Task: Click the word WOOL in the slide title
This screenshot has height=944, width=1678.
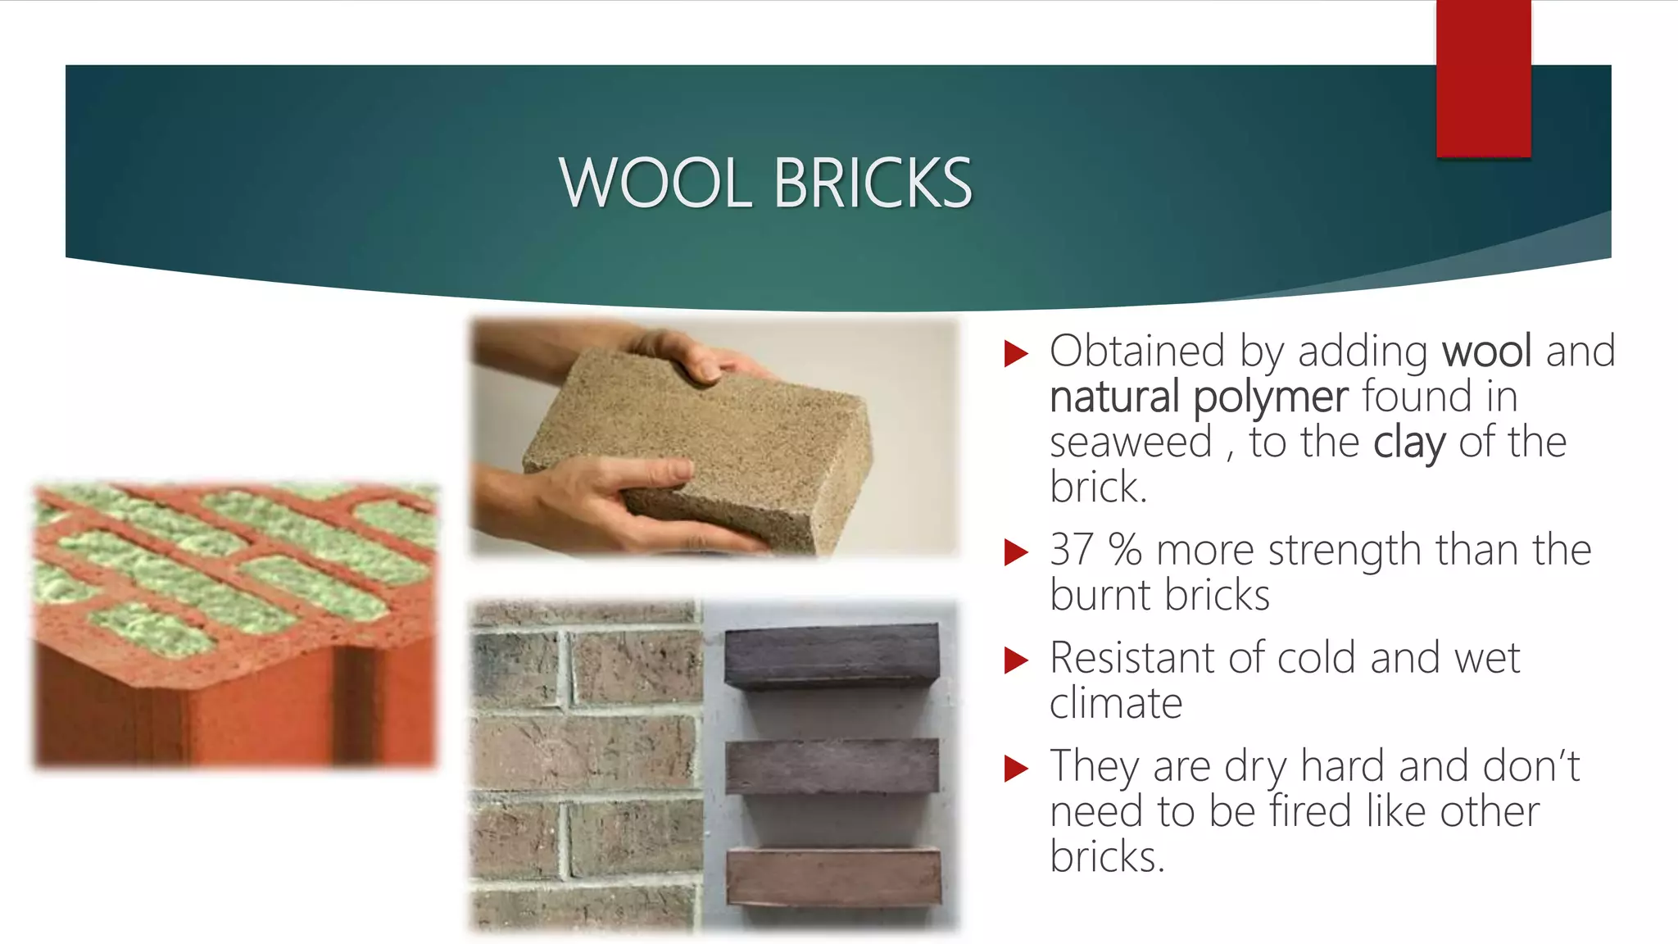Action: (x=655, y=183)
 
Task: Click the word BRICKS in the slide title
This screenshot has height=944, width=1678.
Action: (x=872, y=183)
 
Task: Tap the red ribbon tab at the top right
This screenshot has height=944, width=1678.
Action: (x=1483, y=79)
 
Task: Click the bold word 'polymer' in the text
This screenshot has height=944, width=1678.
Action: (x=1270, y=397)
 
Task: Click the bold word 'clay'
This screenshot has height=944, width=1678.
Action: (x=1409, y=442)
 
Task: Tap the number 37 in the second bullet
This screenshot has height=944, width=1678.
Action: (x=1072, y=550)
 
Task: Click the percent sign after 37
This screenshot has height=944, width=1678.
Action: (x=1125, y=550)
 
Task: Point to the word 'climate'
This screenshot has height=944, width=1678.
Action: (x=1116, y=703)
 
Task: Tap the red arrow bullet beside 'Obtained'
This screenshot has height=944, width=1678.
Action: (x=1016, y=354)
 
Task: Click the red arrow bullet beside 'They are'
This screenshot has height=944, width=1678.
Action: (x=1016, y=769)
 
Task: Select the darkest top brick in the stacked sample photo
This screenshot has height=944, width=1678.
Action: (x=832, y=656)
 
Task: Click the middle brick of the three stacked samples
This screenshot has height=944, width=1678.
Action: (x=832, y=766)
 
